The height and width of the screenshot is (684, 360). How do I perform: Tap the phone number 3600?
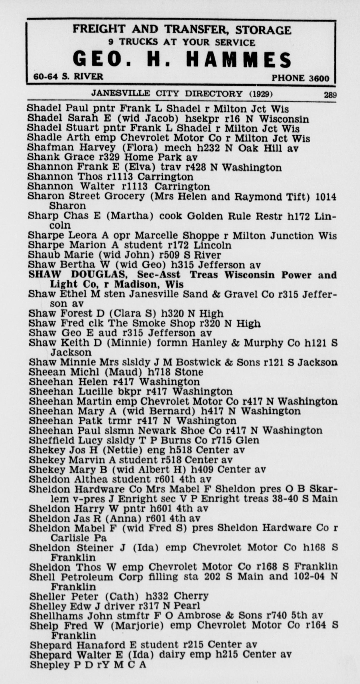[x=319, y=78]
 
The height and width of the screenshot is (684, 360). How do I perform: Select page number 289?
[x=330, y=95]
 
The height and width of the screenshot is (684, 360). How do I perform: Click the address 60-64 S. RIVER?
[x=68, y=77]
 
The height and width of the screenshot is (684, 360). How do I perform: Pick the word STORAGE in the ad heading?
[x=263, y=30]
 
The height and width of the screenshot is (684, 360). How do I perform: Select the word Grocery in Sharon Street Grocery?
[x=125, y=196]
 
